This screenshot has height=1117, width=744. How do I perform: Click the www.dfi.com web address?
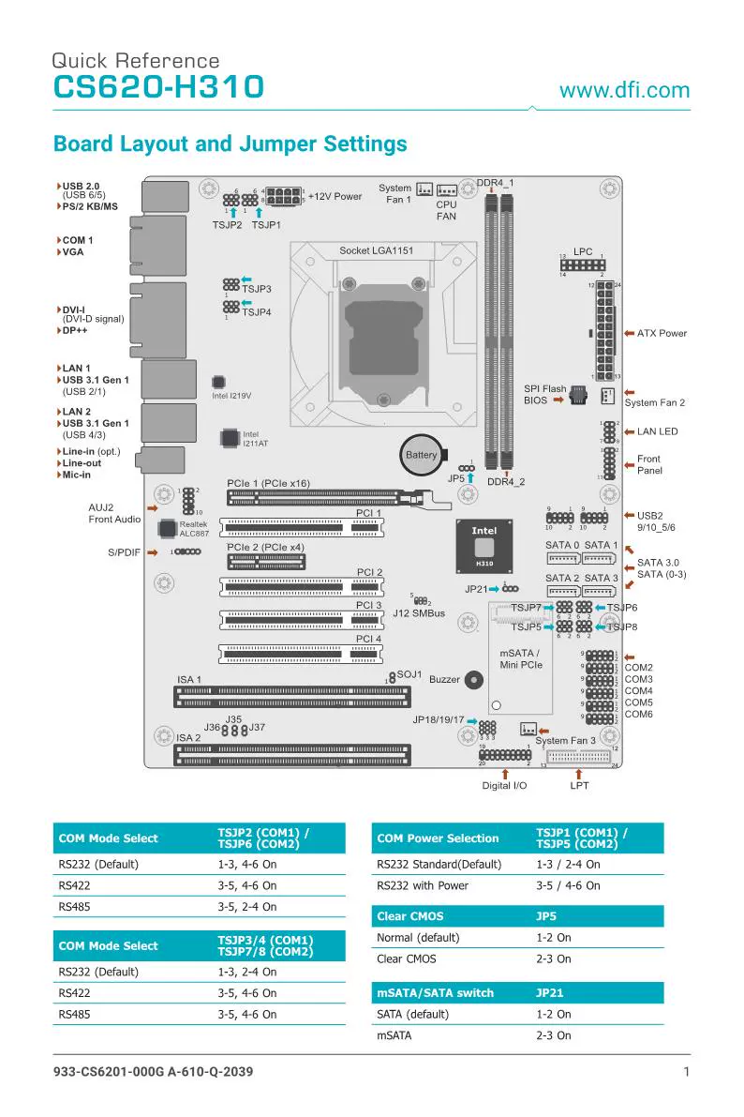(624, 91)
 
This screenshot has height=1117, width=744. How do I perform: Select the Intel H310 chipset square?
(484, 546)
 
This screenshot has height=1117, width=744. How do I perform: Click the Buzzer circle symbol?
(474, 680)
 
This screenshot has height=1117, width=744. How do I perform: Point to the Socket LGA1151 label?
(376, 250)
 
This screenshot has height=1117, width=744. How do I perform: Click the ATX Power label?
(662, 333)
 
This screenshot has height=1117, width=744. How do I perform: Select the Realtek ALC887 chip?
(168, 528)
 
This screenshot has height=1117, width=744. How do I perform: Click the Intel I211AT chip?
(230, 438)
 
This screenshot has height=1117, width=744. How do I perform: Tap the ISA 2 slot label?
(188, 738)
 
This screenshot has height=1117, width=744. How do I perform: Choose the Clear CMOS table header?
(409, 915)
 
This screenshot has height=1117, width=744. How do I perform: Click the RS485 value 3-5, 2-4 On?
(246, 907)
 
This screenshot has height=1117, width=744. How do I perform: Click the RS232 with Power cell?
(422, 885)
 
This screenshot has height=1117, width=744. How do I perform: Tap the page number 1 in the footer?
(687, 1072)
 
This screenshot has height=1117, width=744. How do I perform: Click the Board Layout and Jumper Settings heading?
(231, 144)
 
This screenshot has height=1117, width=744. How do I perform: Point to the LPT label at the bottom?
(580, 785)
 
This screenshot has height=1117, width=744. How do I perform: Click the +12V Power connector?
(284, 197)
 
